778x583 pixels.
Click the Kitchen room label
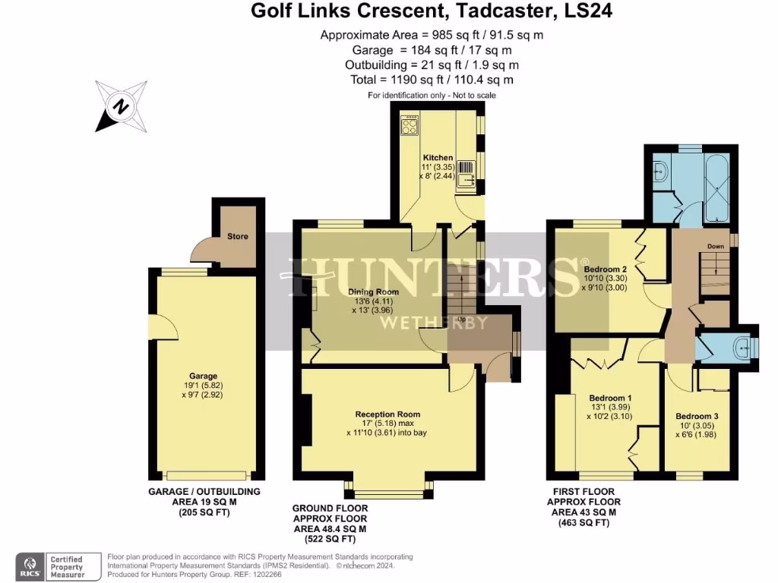pyautogui.click(x=438, y=158)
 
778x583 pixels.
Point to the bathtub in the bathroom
pyautogui.click(x=716, y=185)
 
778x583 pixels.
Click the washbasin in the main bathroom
pyautogui.click(x=658, y=171)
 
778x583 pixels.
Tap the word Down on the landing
pyautogui.click(x=716, y=247)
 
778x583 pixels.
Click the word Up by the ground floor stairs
pyautogui.click(x=461, y=319)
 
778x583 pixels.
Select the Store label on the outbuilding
pyautogui.click(x=238, y=236)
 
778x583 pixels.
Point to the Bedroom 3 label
pyautogui.click(x=697, y=417)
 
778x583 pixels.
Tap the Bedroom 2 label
pyautogui.click(x=605, y=269)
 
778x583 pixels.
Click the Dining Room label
pyautogui.click(x=373, y=292)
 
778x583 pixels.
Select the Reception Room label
pyautogui.click(x=387, y=414)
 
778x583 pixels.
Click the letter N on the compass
pyautogui.click(x=119, y=106)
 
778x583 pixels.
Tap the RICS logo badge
pyautogui.click(x=31, y=566)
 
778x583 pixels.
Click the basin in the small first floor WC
pyautogui.click(x=739, y=347)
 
